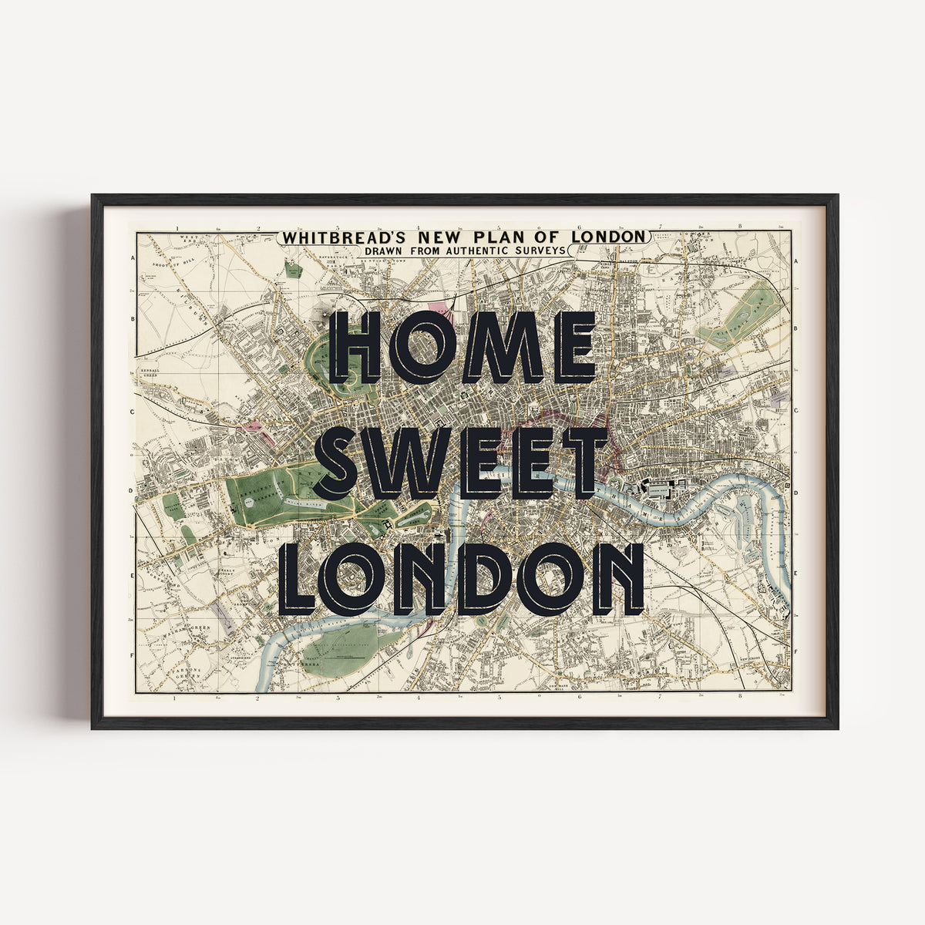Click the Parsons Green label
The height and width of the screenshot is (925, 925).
pyautogui.click(x=185, y=672)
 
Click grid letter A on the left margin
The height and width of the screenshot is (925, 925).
pyautogui.click(x=133, y=261)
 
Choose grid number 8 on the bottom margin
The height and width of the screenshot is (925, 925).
pyautogui.click(x=740, y=699)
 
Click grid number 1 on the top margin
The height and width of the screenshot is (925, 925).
pyautogui.click(x=177, y=228)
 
